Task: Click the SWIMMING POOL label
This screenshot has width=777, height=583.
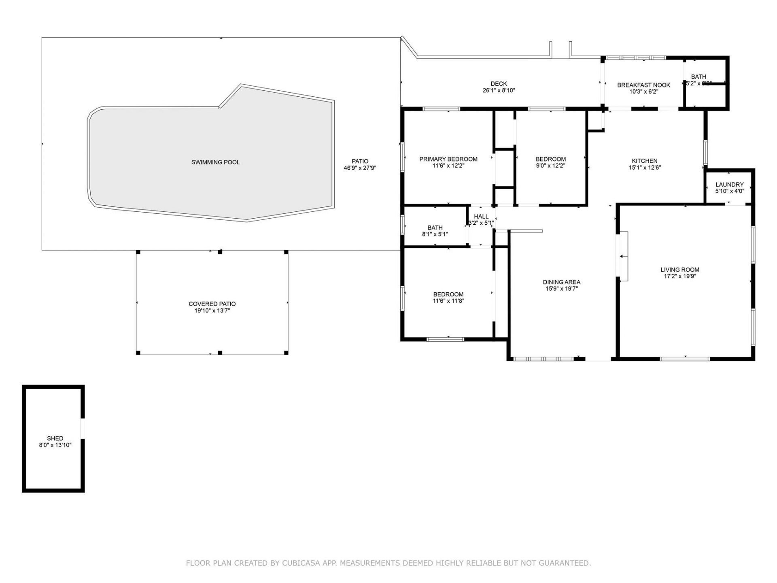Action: click(x=215, y=162)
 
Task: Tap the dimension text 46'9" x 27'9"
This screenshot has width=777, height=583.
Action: click(x=360, y=168)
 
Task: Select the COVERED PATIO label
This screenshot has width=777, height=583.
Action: click(x=212, y=304)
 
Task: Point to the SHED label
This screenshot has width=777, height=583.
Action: click(x=55, y=438)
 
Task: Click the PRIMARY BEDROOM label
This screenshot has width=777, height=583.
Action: click(x=448, y=159)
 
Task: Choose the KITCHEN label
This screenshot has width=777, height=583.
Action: click(x=645, y=161)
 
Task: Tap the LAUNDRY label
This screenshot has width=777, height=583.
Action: click(x=729, y=185)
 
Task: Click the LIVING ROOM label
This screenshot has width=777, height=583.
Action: click(x=679, y=270)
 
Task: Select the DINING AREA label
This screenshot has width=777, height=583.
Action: click(x=561, y=282)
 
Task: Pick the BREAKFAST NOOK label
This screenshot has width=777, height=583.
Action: click(x=643, y=85)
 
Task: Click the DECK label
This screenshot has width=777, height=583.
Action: click(x=499, y=84)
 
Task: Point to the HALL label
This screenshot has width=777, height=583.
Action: click(x=481, y=217)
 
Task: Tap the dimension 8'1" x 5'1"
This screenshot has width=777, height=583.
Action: click(x=435, y=234)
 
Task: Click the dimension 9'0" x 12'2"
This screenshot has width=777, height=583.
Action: click(x=550, y=166)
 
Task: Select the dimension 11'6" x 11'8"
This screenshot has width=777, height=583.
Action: click(x=448, y=301)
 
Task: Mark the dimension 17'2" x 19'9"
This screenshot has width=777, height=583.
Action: click(x=679, y=276)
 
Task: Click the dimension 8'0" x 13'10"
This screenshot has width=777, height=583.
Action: click(x=55, y=445)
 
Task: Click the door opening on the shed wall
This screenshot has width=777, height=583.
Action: click(x=83, y=428)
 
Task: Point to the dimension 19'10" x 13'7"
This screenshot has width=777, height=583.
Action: click(x=212, y=311)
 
